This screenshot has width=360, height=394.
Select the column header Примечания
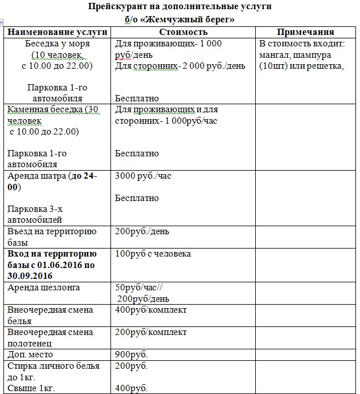(305, 32)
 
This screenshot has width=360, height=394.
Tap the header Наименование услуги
(58, 32)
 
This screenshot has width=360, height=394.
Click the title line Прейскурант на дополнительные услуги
(180, 7)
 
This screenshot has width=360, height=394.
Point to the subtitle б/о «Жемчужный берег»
(180, 19)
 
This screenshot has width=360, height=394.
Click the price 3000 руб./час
(143, 176)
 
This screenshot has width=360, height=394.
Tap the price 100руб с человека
(153, 254)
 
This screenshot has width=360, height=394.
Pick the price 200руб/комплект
(151, 332)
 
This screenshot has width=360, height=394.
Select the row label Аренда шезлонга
(43, 287)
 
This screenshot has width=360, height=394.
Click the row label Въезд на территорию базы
(52, 237)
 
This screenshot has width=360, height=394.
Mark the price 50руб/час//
(139, 287)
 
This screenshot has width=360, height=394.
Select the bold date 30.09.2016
(33, 275)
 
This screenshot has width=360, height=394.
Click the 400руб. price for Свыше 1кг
(131, 388)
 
